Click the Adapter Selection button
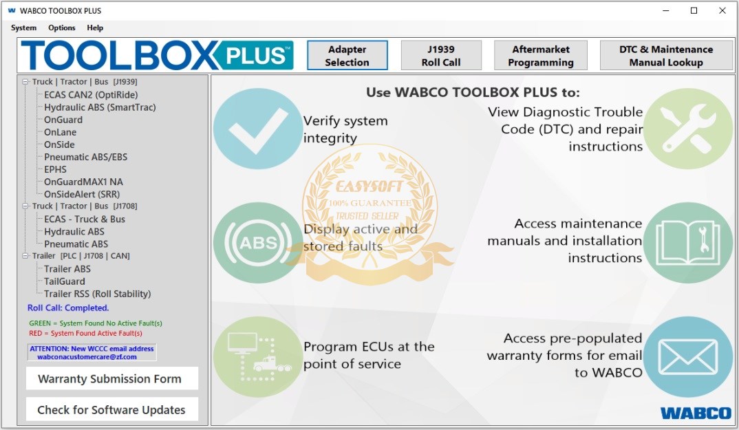pos(347,55)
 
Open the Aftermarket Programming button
pos(541,55)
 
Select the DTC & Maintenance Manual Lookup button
pos(666,55)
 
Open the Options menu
pos(62,28)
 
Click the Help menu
pos(95,28)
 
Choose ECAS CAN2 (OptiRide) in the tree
pos(91,95)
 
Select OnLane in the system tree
pos(60,132)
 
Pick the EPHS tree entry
pos(55,169)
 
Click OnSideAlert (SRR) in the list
pos(82,194)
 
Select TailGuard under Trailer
pos(65,281)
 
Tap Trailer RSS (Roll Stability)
pos(98,294)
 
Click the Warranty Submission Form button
pos(111,378)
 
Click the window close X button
pos(722,10)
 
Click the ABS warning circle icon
pos(257,243)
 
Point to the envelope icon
pos(688,357)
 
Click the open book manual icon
pos(688,243)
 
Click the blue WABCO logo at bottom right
pos(696,413)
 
